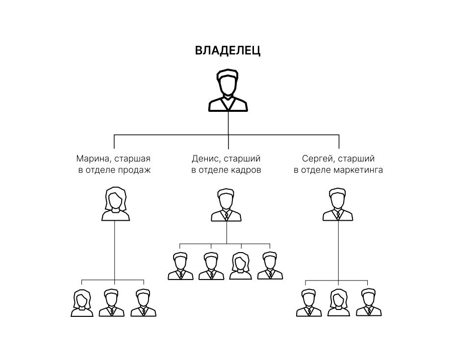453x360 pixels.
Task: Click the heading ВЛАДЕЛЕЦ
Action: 227,51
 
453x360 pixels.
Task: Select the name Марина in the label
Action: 91,159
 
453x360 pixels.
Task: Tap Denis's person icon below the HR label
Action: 226,205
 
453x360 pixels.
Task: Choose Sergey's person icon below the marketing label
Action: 338,205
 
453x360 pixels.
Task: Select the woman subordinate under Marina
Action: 82,303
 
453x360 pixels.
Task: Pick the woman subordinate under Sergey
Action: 338,303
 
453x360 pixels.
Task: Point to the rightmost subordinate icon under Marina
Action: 143,303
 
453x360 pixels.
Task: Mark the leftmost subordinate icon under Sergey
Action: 308,303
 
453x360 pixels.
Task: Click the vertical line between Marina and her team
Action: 115,250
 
